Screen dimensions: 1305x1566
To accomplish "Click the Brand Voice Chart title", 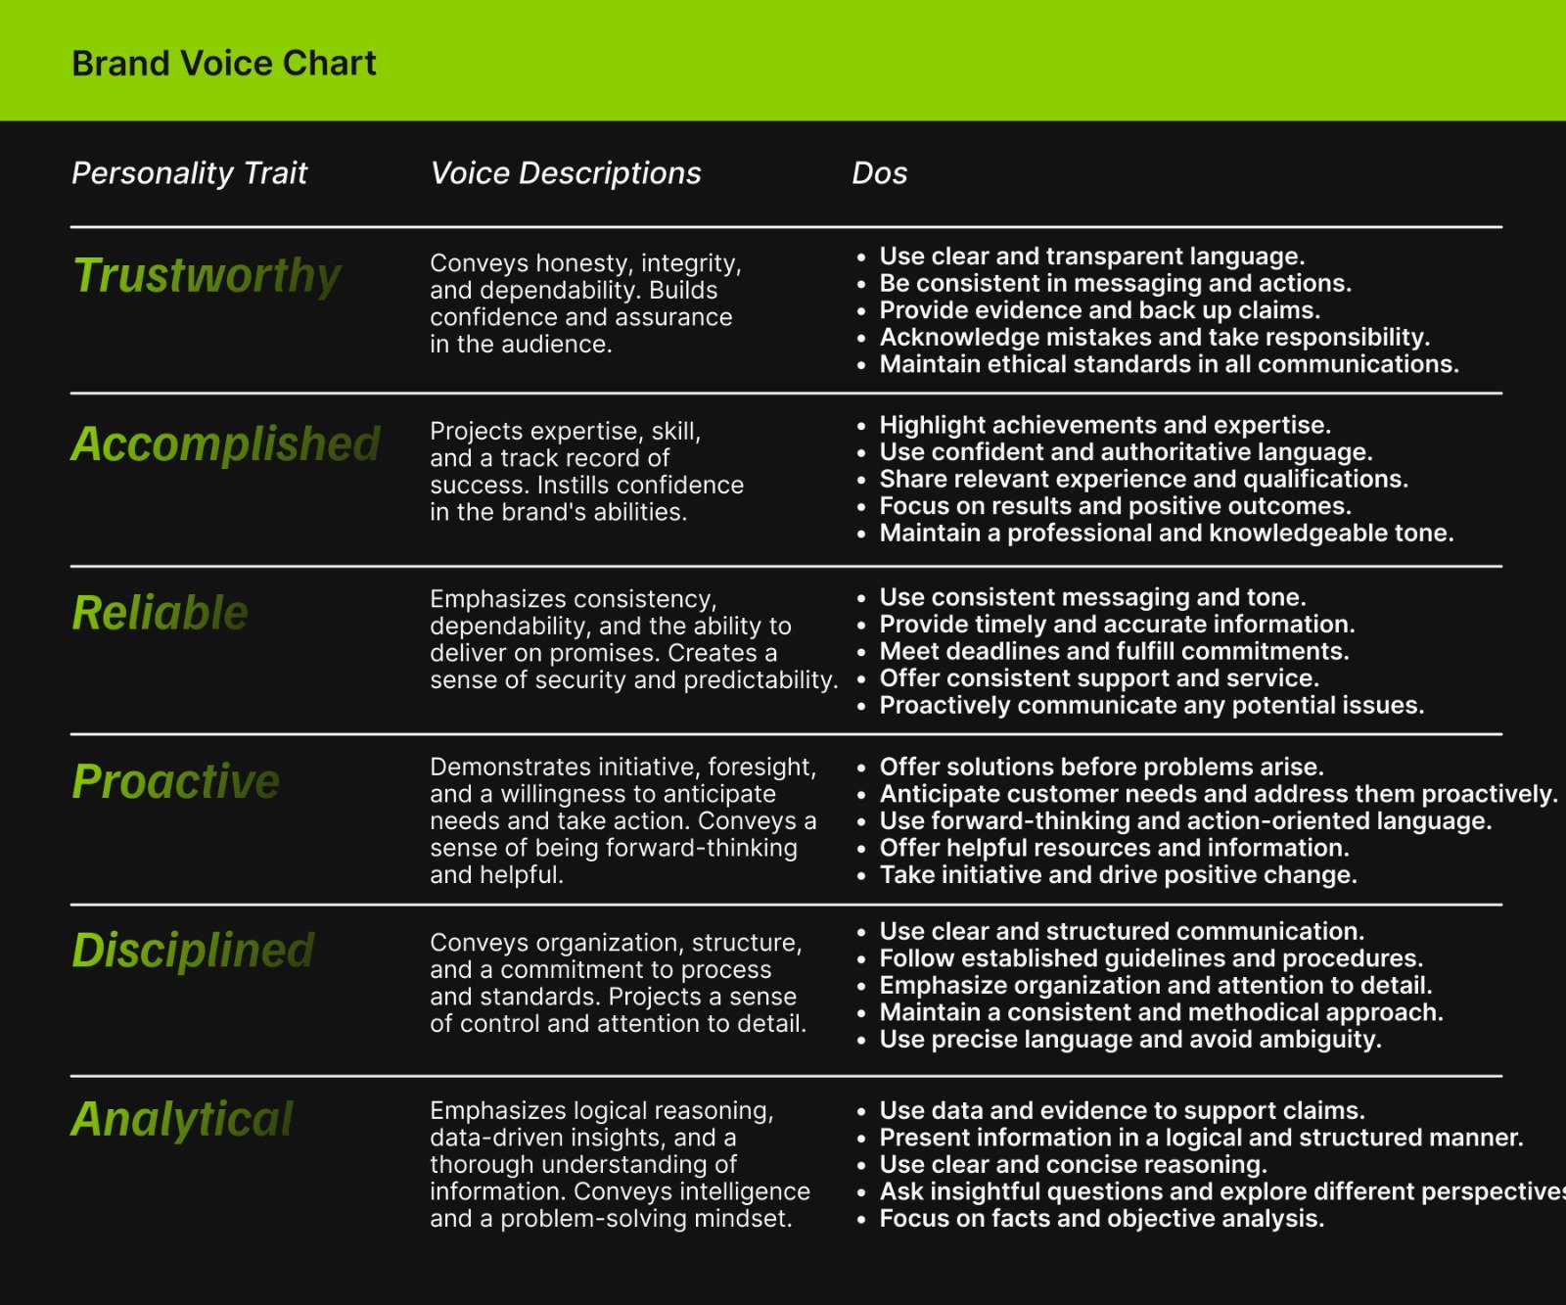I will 224,64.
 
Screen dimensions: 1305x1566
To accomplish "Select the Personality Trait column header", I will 189,173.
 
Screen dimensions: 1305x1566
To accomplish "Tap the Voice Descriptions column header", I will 566,173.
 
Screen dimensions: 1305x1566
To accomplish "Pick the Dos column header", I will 879,173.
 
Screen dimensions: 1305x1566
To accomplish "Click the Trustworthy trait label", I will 207,275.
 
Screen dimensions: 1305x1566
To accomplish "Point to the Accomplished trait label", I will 225,443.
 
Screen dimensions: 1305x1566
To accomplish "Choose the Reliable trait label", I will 161,613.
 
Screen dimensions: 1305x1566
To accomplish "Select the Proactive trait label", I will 176,781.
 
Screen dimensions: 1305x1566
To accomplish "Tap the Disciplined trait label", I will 193,951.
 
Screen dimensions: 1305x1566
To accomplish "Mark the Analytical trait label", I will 182,1119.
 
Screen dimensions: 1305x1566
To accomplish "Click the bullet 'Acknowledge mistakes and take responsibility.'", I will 1154,338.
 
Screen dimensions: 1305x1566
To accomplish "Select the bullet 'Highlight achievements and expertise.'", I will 1105,425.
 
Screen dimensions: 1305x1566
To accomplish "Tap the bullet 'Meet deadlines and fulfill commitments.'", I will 1114,651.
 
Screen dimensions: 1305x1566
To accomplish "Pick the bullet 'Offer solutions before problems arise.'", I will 1101,767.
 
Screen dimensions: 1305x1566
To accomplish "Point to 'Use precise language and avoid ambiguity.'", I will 1130,1039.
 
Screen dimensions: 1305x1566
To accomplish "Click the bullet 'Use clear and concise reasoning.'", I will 1073,1164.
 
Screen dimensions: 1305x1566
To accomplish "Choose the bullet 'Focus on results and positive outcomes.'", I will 1115,506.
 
